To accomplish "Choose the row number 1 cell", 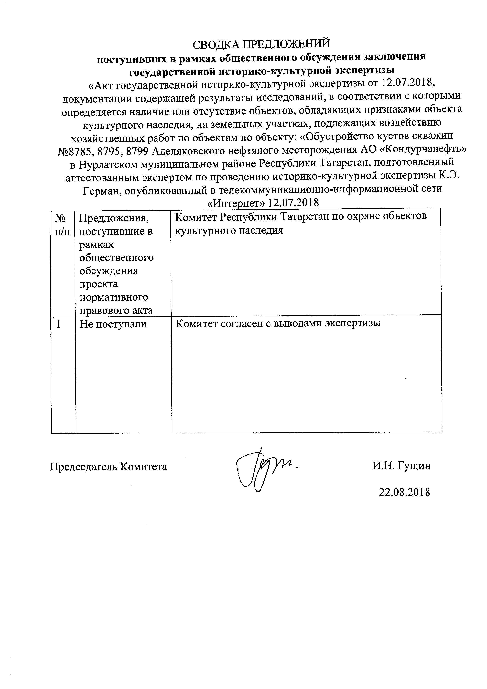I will [59, 324].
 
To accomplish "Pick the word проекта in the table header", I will [99, 284].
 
